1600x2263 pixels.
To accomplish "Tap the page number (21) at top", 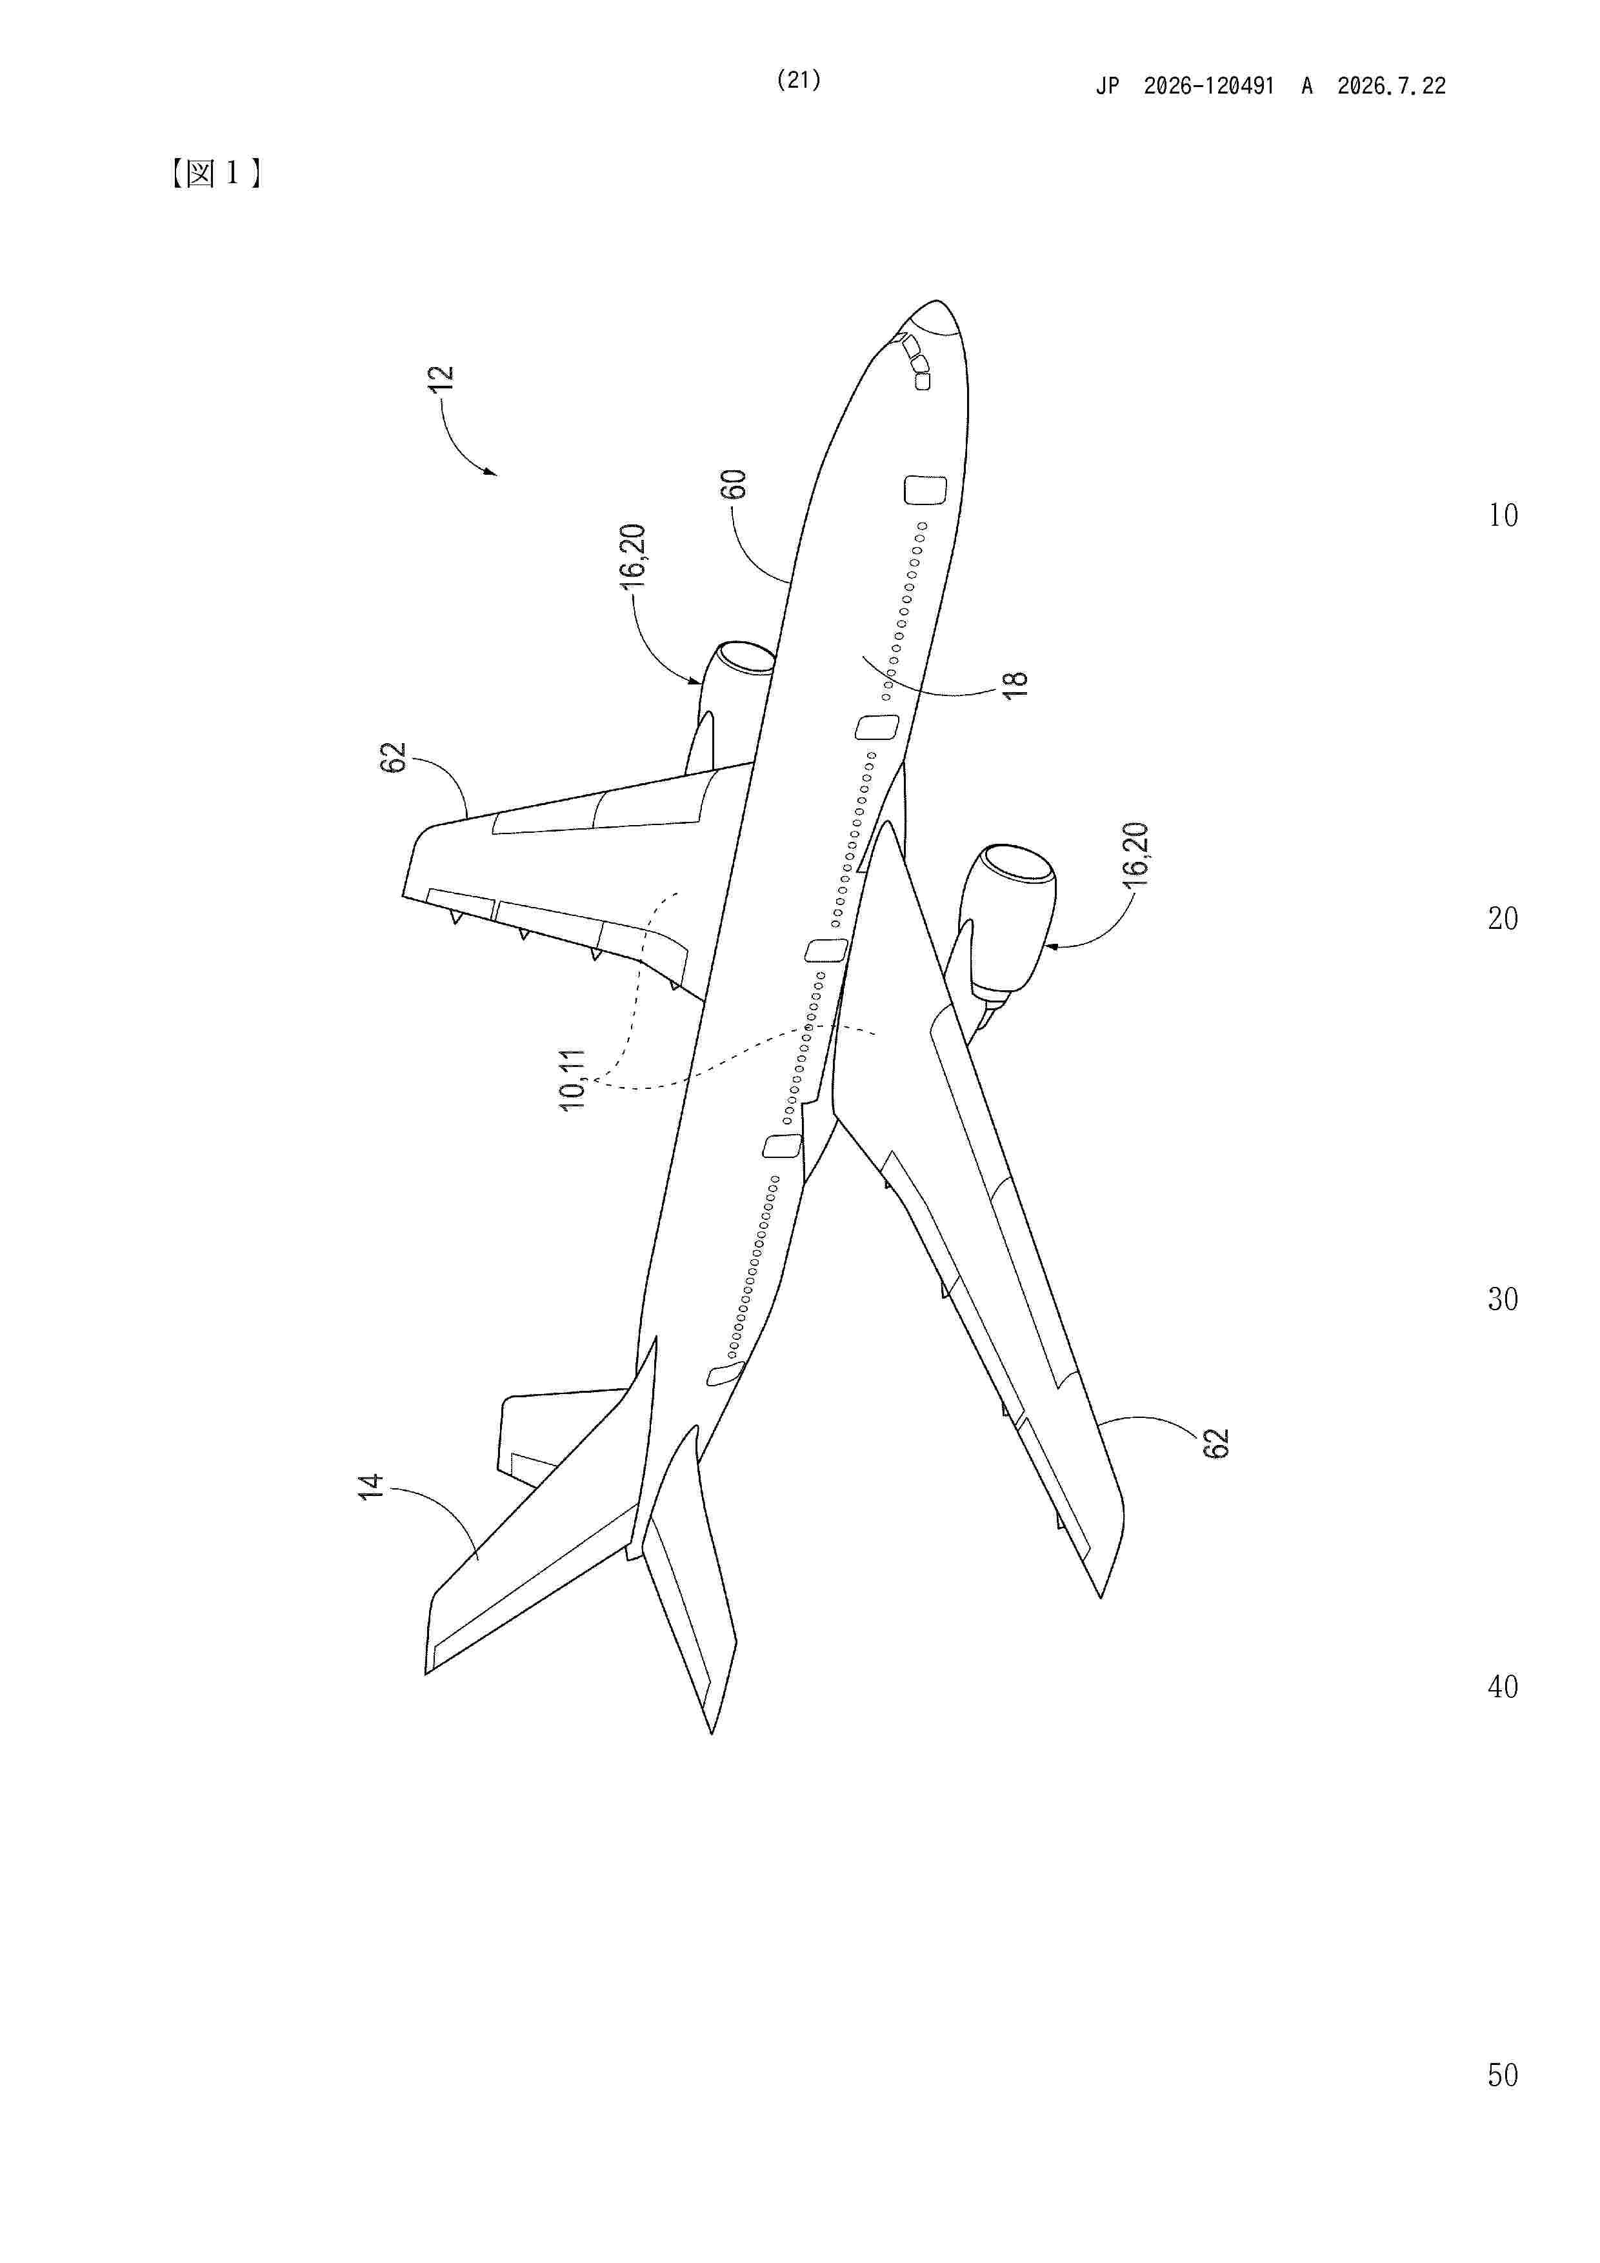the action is click(x=799, y=81).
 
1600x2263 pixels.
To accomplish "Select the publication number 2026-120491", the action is click(x=1208, y=86).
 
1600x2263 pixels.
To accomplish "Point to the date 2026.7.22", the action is click(x=1391, y=86).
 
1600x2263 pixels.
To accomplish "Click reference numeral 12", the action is click(x=442, y=379).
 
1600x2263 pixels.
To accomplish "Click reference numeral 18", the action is click(x=1014, y=684).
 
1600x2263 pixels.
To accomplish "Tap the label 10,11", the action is click(x=572, y=1081).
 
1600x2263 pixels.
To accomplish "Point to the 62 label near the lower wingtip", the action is click(x=1217, y=1443).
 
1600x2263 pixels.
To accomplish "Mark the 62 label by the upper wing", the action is click(x=394, y=757).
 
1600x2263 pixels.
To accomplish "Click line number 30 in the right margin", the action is click(x=1503, y=1299).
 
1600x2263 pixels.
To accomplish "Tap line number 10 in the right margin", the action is click(x=1503, y=515).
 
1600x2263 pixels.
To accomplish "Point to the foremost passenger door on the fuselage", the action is click(x=925, y=490).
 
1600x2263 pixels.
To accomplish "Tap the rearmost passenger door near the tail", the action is click(x=726, y=1373).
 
